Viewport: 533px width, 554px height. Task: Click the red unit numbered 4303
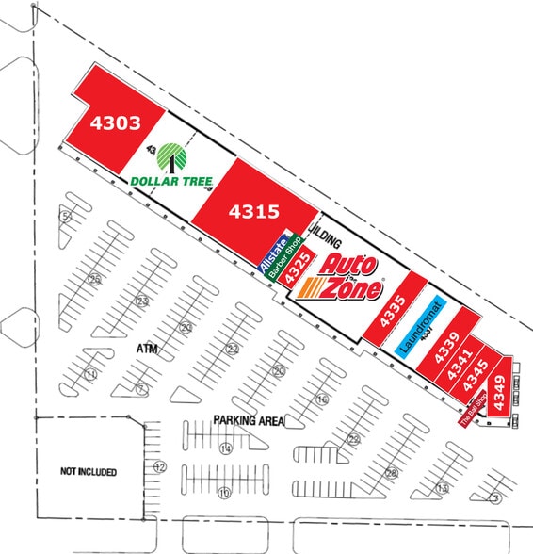click(115, 122)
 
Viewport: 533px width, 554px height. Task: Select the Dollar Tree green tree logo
click(171, 155)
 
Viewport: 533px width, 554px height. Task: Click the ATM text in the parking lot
click(145, 349)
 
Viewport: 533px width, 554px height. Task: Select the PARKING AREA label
click(249, 420)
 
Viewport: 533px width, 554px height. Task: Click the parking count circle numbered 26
click(94, 279)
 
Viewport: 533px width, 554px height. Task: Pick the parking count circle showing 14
click(225, 448)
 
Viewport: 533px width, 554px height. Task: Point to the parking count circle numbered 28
click(391, 473)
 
